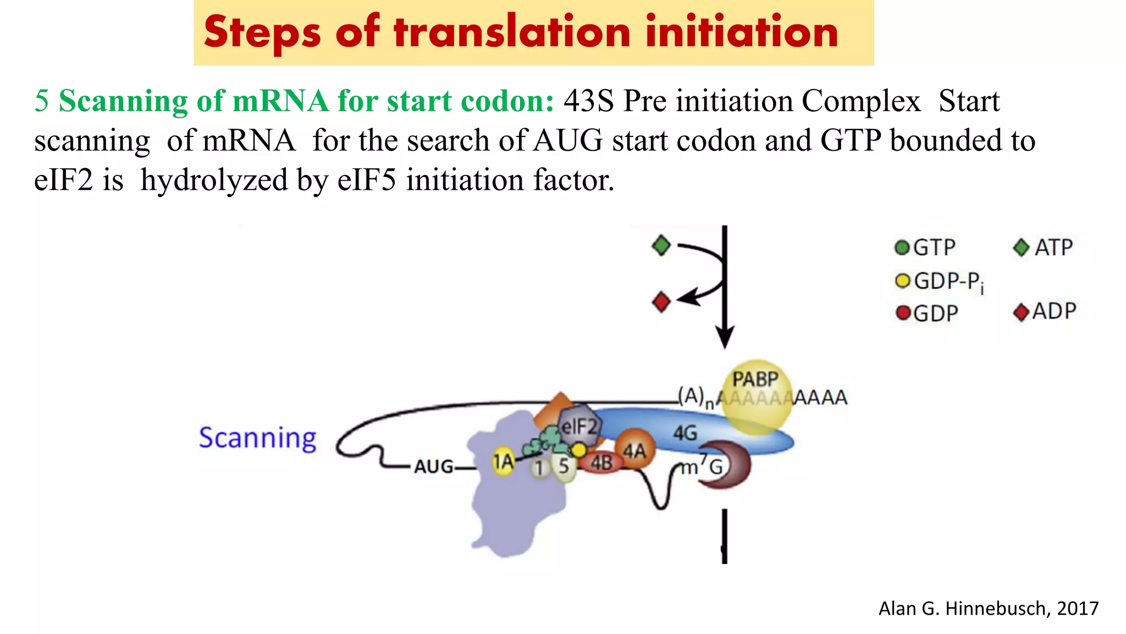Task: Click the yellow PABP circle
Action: tap(757, 396)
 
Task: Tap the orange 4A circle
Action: tap(634, 450)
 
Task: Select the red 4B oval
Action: tap(601, 463)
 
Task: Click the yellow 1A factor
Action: tap(503, 462)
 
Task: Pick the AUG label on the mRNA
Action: tap(433, 467)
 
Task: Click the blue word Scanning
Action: tap(257, 438)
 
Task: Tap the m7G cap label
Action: tap(702, 467)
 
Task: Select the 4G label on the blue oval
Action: tap(685, 433)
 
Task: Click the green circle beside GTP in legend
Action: tap(902, 248)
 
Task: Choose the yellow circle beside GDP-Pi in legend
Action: tap(902, 281)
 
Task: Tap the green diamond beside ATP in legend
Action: tap(1021, 248)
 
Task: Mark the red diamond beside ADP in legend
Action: tap(1021, 313)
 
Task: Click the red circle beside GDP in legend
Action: tap(902, 313)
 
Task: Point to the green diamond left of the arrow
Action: tap(661, 245)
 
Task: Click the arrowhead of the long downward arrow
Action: tap(725, 336)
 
